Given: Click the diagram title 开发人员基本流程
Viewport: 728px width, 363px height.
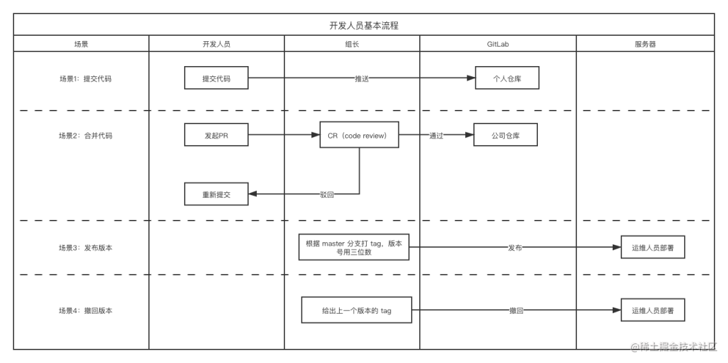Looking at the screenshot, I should coord(363,26).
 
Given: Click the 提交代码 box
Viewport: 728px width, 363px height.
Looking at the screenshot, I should coord(216,78).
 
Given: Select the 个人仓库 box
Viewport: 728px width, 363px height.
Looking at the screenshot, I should coord(507,78).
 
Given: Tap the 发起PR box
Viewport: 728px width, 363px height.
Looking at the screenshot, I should coord(216,135).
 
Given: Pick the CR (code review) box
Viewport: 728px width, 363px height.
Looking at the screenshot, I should coord(359,135).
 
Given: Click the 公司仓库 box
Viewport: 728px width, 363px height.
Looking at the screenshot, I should coord(506,135).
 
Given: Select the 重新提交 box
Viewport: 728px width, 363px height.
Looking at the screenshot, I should coord(216,194).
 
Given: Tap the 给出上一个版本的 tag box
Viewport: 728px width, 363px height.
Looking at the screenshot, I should coord(357,311).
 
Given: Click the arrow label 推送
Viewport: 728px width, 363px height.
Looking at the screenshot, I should coord(362,78).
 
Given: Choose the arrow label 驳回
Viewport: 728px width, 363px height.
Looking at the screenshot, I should coord(327,194).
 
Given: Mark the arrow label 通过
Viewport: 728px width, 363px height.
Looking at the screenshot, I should coord(436,135).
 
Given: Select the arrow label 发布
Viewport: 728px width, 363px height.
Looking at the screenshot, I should coord(514,248).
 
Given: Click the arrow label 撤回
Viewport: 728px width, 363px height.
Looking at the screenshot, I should coord(516,311).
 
